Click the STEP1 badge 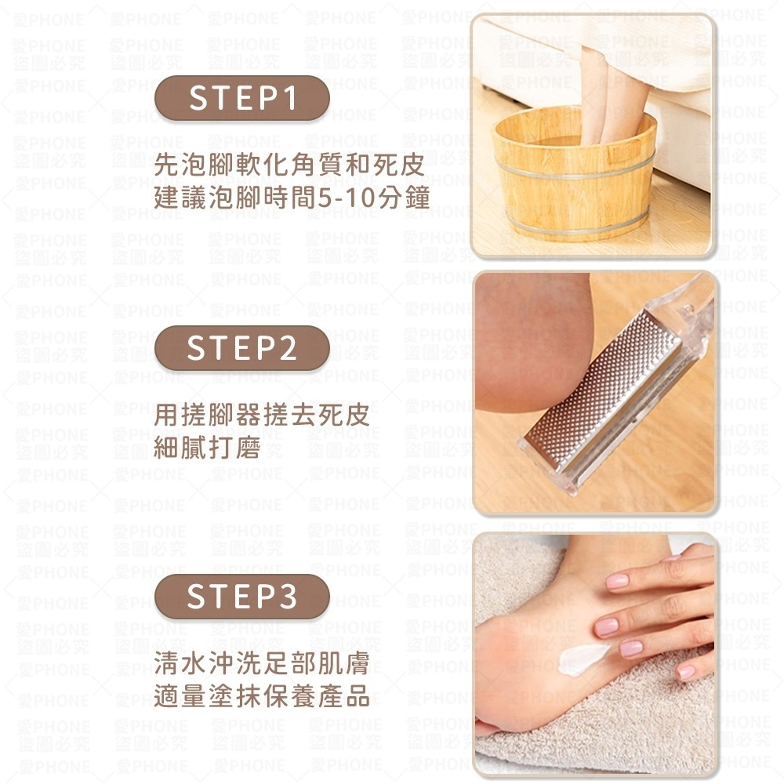click(x=241, y=99)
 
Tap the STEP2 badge click(x=241, y=348)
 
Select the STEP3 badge click(x=241, y=597)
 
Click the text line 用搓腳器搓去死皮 click(x=261, y=415)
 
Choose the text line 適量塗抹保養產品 click(x=261, y=696)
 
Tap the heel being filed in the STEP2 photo click(x=533, y=345)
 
